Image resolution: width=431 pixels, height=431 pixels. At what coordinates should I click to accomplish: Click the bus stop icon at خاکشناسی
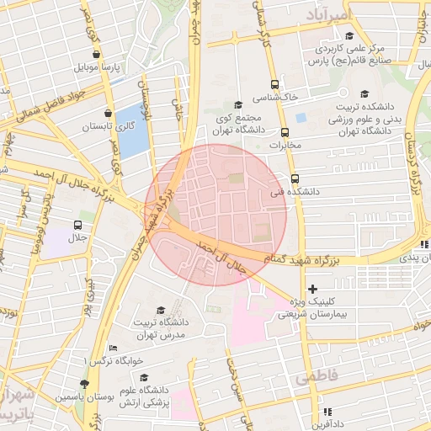click(x=274, y=84)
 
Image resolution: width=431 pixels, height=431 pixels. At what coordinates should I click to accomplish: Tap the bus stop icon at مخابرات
click(x=285, y=132)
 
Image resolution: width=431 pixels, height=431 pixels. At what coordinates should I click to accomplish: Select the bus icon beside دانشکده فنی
click(x=294, y=178)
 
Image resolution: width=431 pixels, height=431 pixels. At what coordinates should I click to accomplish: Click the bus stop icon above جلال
click(x=77, y=225)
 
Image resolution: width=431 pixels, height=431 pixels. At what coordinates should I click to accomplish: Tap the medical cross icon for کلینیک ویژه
click(x=312, y=289)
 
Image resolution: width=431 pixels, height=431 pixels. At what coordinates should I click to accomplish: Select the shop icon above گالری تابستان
click(x=108, y=113)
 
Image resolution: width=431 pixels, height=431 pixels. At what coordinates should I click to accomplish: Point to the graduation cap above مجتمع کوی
click(x=238, y=105)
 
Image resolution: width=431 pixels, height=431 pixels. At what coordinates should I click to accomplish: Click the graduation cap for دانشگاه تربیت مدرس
click(x=161, y=311)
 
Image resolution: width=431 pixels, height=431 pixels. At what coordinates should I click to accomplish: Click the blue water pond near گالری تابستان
click(x=132, y=131)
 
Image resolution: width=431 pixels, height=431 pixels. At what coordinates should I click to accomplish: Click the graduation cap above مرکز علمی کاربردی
click(x=349, y=35)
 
